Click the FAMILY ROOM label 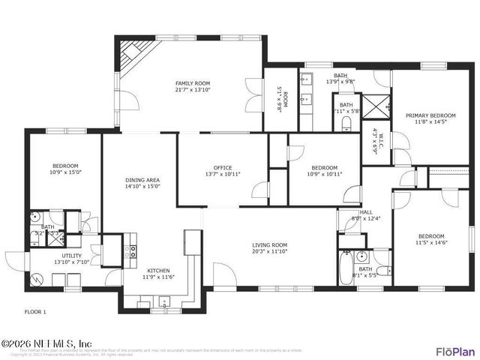pos(193,83)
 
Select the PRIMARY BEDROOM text pos(430,115)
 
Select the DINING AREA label pos(142,179)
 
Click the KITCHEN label pos(158,270)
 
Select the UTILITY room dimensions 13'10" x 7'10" pos(72,262)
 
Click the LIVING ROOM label pos(268,244)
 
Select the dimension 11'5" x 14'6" pos(430,243)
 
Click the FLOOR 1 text pos(35,310)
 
